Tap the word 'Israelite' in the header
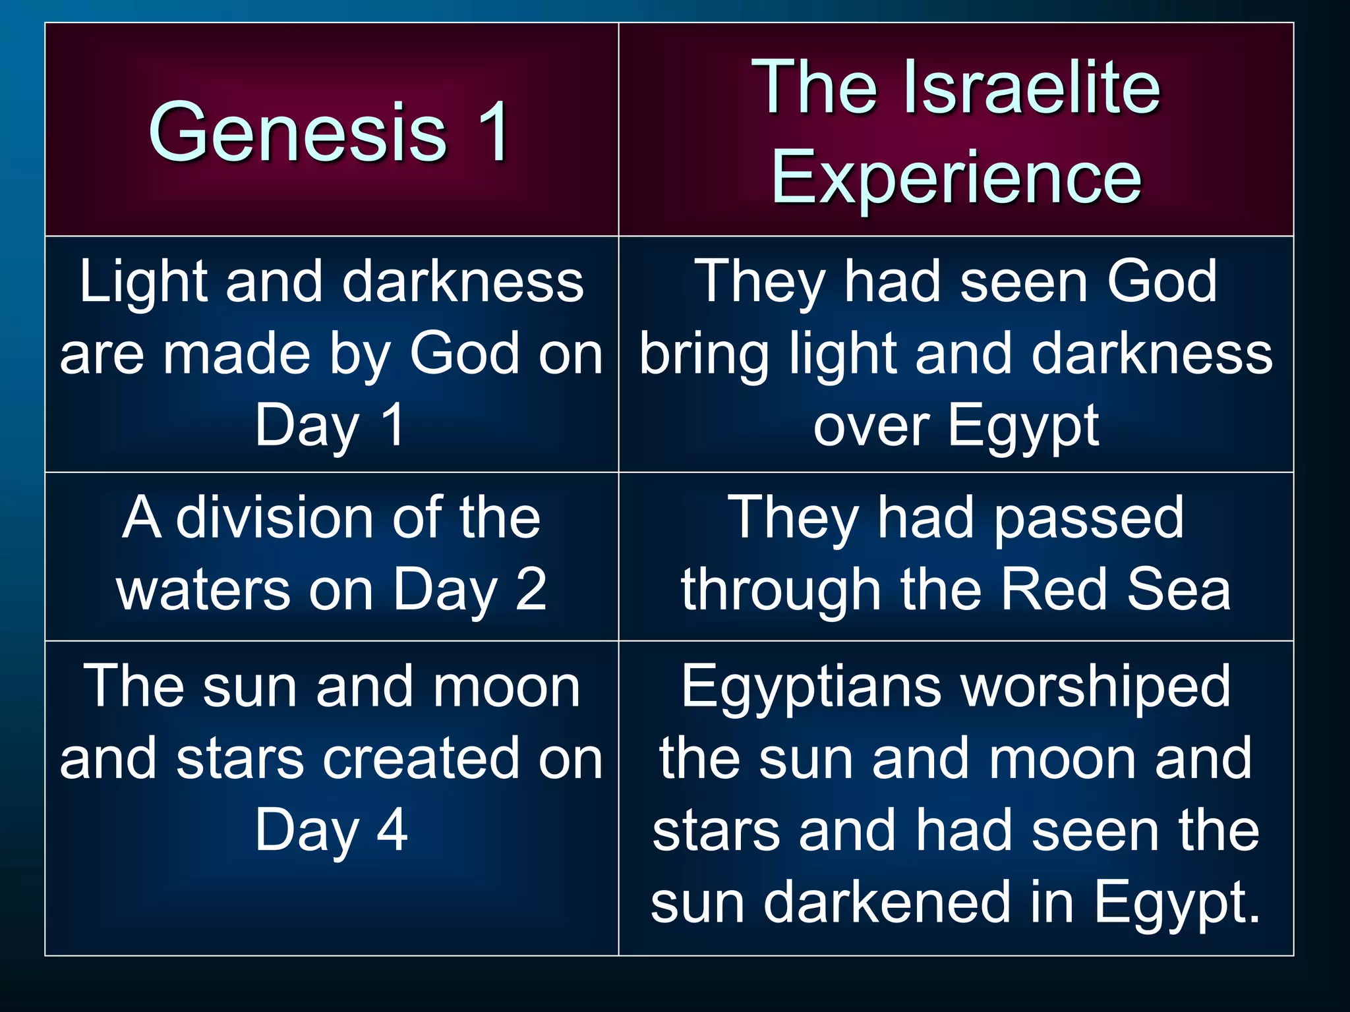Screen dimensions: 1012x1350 click(x=1032, y=87)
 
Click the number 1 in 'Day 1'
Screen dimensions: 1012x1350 click(x=393, y=425)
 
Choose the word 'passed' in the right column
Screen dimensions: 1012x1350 click(x=1088, y=518)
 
